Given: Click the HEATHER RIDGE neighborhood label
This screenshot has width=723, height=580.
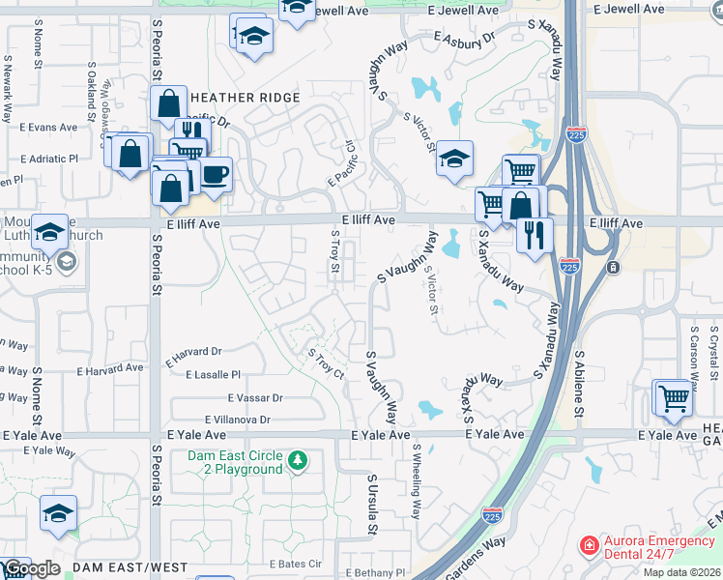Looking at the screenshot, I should (246, 98).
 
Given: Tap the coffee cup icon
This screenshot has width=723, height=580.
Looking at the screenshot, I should (215, 174).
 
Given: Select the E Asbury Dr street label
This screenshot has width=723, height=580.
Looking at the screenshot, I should (464, 39).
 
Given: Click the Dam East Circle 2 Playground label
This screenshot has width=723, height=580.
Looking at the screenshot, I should (236, 463).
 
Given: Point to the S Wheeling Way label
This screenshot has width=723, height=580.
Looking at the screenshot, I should (417, 481).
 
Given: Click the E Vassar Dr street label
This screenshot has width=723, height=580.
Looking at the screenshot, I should (255, 397).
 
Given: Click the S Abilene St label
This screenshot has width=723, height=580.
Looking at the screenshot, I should (579, 384).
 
